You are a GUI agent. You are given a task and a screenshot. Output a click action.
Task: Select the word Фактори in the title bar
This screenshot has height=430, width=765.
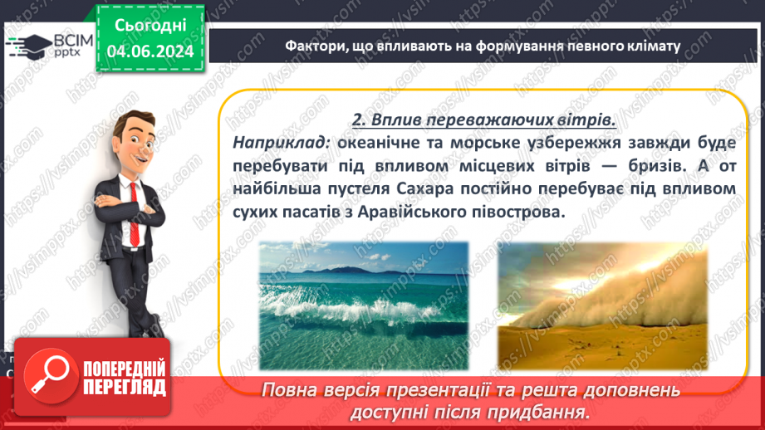tap(311, 46)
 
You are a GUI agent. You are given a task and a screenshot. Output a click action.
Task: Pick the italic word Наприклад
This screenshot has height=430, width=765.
tap(282, 143)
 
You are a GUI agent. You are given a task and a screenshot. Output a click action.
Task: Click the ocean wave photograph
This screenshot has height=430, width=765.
tap(362, 305)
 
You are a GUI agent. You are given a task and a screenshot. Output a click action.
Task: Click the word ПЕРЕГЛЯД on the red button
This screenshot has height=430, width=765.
tap(123, 387)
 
